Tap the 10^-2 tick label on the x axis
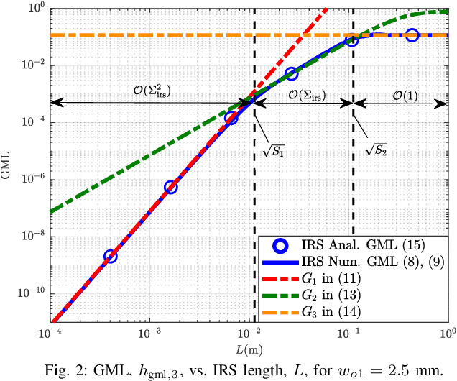tap(249, 334)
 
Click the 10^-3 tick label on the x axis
tap(149, 334)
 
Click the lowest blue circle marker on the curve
tap(110, 256)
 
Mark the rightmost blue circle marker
tap(412, 35)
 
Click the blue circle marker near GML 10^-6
tap(170, 187)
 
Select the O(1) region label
tap(405, 93)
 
